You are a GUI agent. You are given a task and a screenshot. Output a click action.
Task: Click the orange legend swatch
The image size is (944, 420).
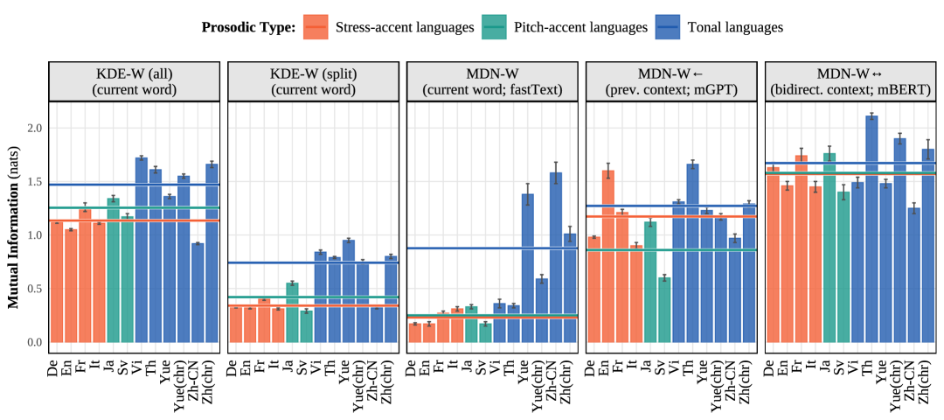(x=316, y=27)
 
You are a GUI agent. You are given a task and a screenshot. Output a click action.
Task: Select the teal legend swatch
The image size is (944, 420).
(x=494, y=27)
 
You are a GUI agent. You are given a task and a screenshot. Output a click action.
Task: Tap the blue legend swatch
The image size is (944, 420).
(x=668, y=27)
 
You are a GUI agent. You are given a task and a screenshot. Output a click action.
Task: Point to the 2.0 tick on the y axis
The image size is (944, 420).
(x=34, y=128)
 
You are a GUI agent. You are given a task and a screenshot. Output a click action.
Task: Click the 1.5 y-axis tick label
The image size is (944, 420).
(x=34, y=182)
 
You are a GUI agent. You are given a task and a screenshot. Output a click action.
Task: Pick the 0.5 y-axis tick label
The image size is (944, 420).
(x=34, y=289)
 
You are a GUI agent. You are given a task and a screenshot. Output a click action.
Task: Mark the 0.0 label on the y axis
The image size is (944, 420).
(x=34, y=342)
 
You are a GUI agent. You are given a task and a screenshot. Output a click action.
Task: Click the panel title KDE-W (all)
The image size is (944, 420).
(x=134, y=73)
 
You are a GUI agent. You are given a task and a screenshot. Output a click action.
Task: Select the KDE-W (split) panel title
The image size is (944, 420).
(x=313, y=73)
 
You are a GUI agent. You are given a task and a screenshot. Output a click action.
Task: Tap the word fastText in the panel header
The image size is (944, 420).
(x=531, y=89)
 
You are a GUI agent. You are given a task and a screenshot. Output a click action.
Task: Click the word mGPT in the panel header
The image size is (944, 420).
(x=718, y=89)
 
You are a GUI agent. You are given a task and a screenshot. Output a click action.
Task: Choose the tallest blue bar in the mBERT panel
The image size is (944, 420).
(x=871, y=227)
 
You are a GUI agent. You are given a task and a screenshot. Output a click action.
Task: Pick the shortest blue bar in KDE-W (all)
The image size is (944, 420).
(x=198, y=292)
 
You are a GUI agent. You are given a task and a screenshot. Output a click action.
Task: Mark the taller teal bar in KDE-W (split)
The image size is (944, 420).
(x=292, y=311)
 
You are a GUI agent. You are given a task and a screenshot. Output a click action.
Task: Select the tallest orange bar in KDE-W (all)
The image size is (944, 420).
(x=85, y=276)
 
